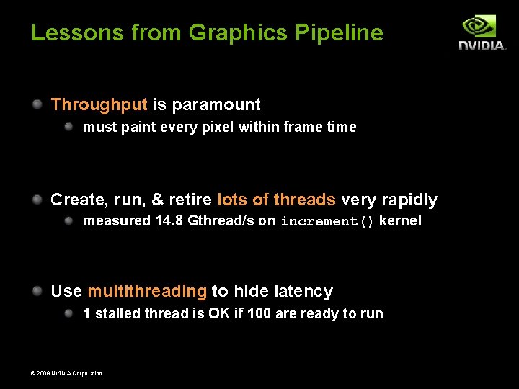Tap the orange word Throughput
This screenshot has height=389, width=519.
(99, 104)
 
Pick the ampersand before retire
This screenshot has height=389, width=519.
(158, 200)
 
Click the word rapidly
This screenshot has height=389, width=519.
(409, 200)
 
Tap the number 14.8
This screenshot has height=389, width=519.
(169, 221)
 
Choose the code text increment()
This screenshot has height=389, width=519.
(327, 222)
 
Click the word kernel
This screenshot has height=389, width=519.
(400, 221)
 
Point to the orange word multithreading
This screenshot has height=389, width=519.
(147, 292)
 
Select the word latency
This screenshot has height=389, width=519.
(303, 292)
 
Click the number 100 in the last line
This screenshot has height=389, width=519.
(259, 314)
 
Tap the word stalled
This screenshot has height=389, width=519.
(117, 314)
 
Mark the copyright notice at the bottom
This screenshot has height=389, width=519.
(67, 373)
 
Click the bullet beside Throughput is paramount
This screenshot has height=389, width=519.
(37, 104)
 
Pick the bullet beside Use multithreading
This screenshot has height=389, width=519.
(37, 291)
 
